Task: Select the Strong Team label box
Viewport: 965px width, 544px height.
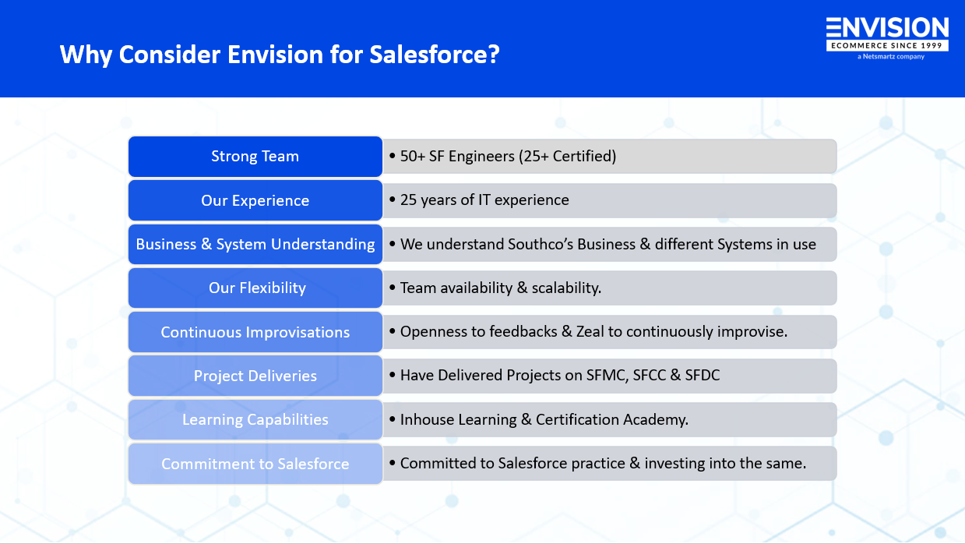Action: click(x=255, y=157)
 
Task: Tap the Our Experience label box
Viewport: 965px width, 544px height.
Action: click(x=255, y=200)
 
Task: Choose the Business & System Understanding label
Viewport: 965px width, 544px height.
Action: click(x=255, y=244)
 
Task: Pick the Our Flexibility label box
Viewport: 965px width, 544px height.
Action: click(x=255, y=288)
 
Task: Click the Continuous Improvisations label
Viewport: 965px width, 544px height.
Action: click(x=255, y=332)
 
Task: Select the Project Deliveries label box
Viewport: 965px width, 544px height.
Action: click(x=255, y=376)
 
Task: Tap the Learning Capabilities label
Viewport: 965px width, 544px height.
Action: click(x=255, y=419)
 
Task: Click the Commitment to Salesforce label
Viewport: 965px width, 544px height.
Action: click(x=255, y=464)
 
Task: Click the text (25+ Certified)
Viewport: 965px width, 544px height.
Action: click(x=567, y=157)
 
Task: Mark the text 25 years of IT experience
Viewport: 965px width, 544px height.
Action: click(x=484, y=200)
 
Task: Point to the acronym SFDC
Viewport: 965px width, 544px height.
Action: click(x=703, y=376)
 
